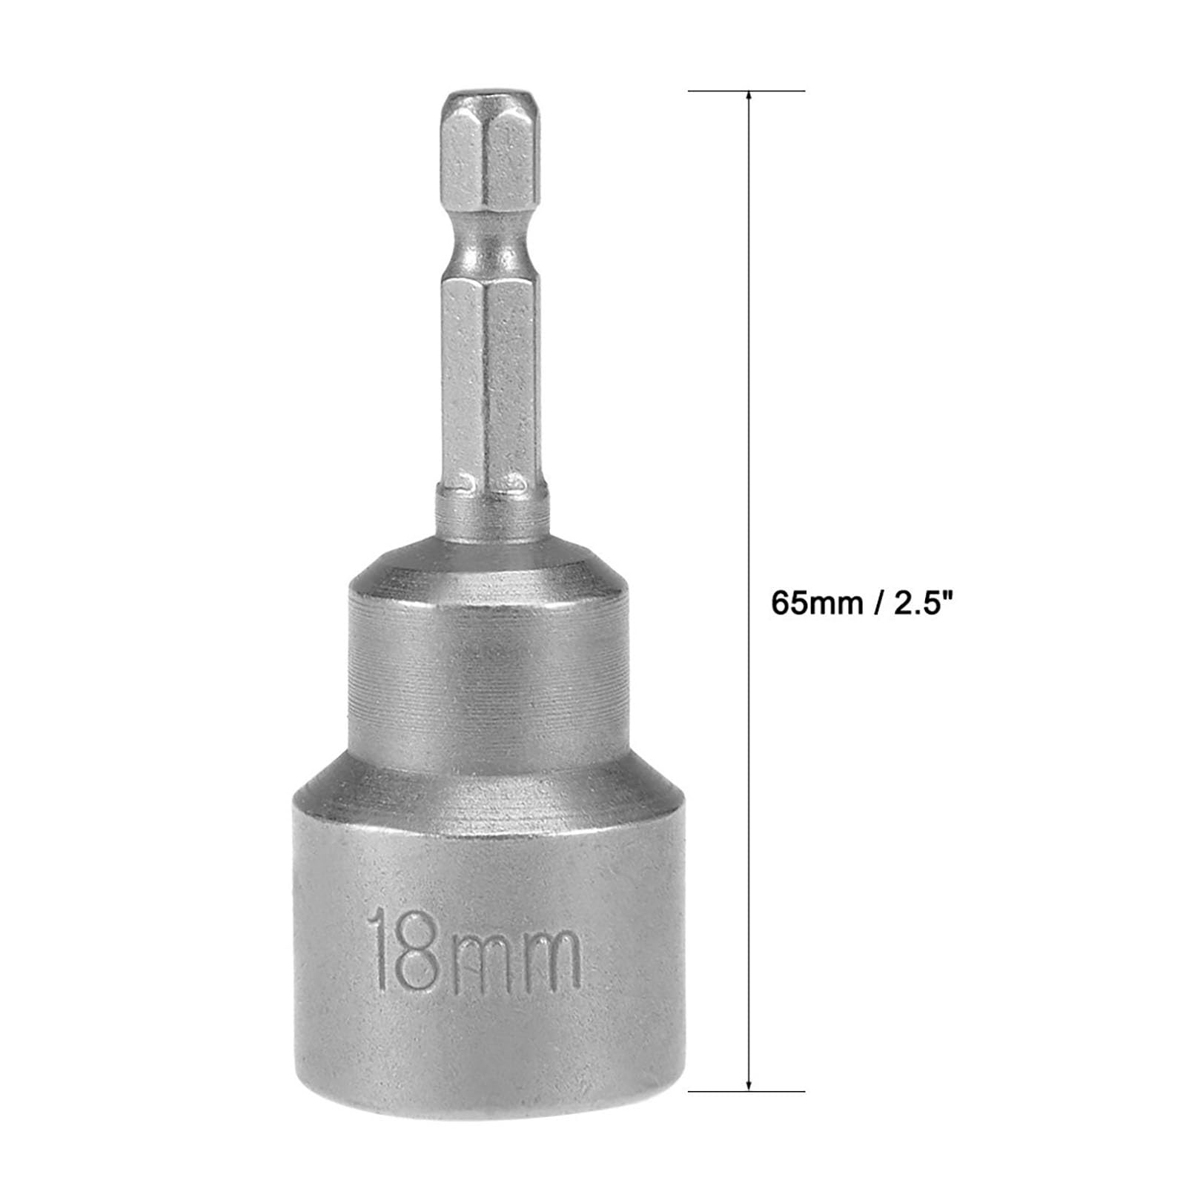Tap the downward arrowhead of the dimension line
point(749,1082)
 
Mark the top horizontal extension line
point(747,91)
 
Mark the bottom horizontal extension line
point(747,1091)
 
